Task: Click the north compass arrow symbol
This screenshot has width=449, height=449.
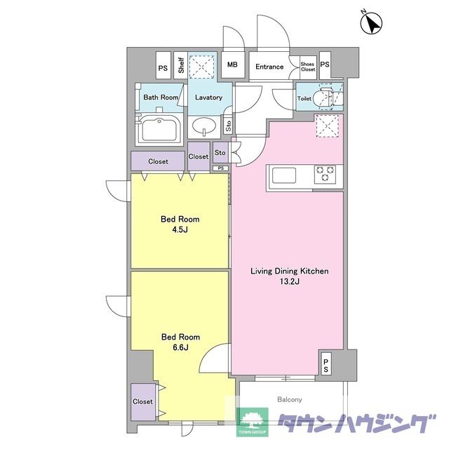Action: point(371,23)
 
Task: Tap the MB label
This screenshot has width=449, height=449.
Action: point(232,65)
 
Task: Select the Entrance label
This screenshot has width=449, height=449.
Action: point(269,67)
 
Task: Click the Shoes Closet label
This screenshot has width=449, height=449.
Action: point(308,67)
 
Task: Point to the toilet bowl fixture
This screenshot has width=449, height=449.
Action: point(323,99)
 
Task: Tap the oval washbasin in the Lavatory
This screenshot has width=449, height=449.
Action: point(204,126)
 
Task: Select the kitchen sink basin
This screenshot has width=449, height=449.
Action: point(283,175)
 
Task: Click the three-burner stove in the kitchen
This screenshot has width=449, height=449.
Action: point(325,174)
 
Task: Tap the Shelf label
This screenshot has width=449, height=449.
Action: point(181,65)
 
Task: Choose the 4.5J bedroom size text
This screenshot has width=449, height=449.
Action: point(180,229)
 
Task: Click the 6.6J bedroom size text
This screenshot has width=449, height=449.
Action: point(180,347)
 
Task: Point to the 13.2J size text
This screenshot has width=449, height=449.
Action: point(290,281)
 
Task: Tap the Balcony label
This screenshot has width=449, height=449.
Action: point(290,399)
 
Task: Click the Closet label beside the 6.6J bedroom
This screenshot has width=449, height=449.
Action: point(142,401)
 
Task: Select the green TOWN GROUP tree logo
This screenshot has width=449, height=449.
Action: point(252,422)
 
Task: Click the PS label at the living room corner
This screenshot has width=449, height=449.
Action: point(326,366)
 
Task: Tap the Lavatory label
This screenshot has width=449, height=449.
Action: point(209,98)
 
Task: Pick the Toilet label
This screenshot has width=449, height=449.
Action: point(304,98)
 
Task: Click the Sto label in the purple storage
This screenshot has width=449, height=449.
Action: point(220,153)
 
